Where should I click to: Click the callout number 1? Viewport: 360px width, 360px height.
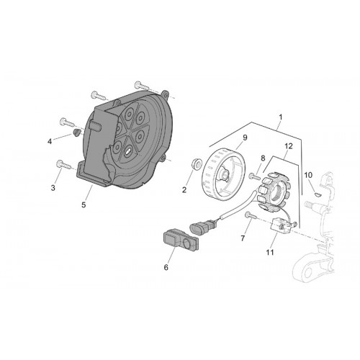tap(280, 117)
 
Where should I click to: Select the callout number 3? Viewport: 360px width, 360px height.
tap(53, 188)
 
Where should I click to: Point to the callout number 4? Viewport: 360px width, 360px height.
tap(50, 142)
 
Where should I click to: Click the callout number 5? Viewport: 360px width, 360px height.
tap(84, 205)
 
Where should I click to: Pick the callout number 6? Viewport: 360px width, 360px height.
tap(166, 267)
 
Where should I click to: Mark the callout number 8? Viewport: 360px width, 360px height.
tap(263, 158)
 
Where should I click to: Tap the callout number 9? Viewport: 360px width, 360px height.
tap(245, 138)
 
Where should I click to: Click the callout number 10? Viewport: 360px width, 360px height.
tap(308, 175)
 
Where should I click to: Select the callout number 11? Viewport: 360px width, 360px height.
tap(270, 252)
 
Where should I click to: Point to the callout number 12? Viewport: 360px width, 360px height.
tap(289, 146)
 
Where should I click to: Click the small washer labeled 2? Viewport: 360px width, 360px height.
tap(197, 163)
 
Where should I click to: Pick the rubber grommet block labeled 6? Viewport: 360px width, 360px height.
tap(181, 240)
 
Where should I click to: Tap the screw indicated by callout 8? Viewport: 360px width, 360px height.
tap(255, 176)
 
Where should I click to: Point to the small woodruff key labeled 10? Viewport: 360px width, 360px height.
tap(317, 194)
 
